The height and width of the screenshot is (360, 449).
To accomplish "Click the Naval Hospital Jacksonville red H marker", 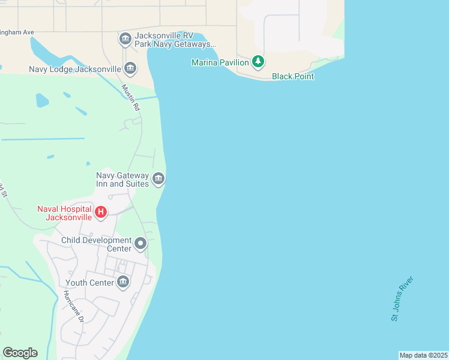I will click(101, 212).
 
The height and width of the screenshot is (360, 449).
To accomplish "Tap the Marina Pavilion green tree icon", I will click(258, 61).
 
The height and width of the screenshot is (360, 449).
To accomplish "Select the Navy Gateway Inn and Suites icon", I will click(158, 179).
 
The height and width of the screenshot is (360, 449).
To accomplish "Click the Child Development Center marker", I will click(140, 244).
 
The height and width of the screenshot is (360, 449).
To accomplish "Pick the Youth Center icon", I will click(123, 282).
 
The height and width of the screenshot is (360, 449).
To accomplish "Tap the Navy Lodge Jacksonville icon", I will click(130, 69).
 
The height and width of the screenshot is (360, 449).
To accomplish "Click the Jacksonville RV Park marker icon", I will click(125, 40).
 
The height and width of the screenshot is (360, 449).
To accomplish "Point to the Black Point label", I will click(293, 76).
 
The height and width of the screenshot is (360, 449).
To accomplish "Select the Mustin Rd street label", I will click(130, 98).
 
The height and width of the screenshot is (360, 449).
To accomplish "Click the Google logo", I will click(20, 353).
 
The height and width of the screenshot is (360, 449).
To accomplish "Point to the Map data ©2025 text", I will click(423, 355).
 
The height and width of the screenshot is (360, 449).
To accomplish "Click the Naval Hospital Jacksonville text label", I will click(64, 213).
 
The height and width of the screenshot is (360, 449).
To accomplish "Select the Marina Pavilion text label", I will click(220, 62).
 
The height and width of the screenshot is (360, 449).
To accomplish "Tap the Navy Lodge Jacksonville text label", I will click(75, 70).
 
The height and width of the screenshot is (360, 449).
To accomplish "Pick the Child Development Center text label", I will click(96, 244).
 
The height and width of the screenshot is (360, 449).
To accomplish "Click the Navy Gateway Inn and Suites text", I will click(122, 179).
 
